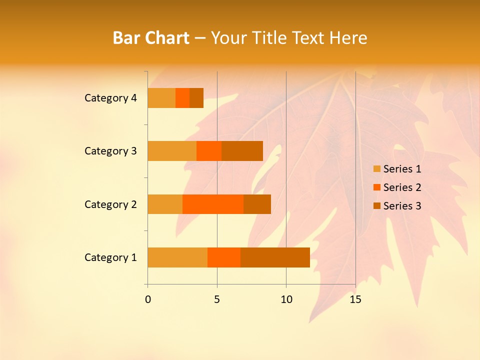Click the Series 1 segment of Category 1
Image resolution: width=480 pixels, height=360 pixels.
[177, 257]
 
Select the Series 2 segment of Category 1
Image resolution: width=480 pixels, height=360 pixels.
[224, 257]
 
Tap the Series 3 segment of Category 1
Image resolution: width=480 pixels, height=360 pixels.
[275, 257]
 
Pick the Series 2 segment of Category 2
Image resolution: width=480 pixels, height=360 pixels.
[213, 204]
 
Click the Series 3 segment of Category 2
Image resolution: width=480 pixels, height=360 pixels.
[257, 204]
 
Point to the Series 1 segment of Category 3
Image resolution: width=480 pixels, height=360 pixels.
[172, 151]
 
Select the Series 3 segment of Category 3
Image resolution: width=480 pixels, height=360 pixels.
[242, 151]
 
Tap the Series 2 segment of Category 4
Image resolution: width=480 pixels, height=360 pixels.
[182, 98]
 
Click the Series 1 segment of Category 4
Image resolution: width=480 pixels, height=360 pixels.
[161, 98]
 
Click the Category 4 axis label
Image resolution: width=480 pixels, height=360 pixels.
[110, 98]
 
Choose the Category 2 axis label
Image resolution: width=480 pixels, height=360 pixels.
[110, 204]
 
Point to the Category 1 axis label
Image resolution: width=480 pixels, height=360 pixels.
[110, 257]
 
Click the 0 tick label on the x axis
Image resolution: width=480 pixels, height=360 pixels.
[148, 299]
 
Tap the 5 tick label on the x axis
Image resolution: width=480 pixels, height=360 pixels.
[217, 299]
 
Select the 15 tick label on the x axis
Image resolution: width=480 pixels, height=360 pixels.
[355, 299]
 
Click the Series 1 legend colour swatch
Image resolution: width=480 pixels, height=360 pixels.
[377, 169]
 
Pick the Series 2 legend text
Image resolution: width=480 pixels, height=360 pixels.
[402, 187]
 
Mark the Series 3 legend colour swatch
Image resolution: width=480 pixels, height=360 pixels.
[377, 206]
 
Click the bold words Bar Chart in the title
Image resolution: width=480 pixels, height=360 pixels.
[151, 38]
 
